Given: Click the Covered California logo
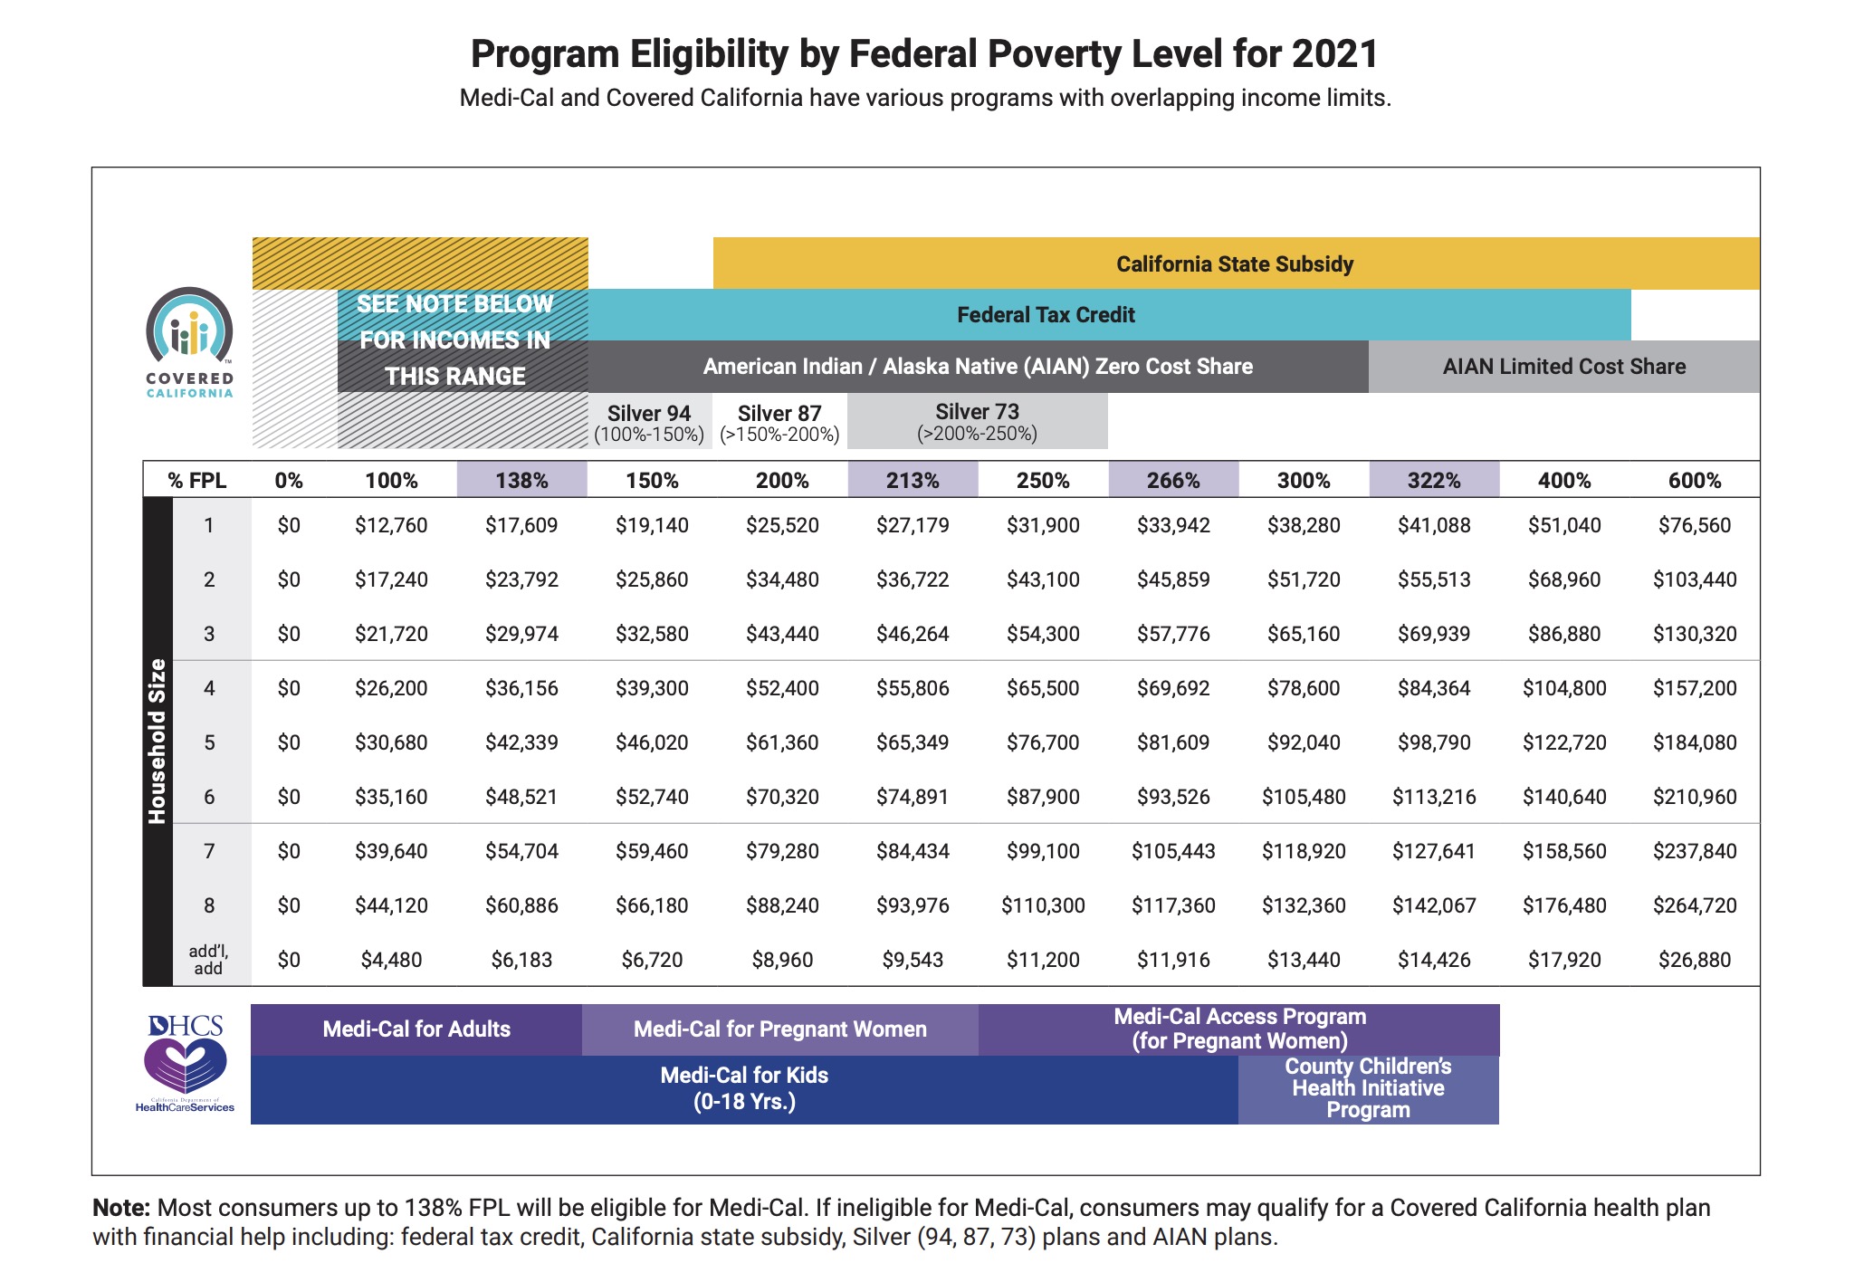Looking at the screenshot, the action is click(x=189, y=342).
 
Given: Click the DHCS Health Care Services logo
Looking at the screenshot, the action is click(x=186, y=1063).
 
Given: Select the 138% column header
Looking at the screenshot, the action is click(x=521, y=480).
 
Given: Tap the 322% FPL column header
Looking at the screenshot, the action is click(x=1434, y=480).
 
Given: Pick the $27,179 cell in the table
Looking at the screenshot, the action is click(x=913, y=525).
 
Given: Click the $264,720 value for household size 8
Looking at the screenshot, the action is click(x=1695, y=905).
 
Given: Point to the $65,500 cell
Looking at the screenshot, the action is click(x=1043, y=688).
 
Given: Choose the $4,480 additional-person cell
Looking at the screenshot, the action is click(x=391, y=960).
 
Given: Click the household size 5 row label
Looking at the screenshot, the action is click(x=209, y=742).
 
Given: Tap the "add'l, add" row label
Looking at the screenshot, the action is click(x=208, y=960).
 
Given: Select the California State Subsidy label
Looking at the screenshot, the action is click(x=1235, y=264).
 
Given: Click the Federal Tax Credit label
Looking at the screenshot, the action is click(x=1046, y=315).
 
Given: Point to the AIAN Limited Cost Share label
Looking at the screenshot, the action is click(x=1564, y=367).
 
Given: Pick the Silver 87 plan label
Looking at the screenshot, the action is click(x=779, y=423).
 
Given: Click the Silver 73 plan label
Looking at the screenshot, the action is click(x=977, y=422).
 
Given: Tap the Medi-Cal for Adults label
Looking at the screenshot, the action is click(x=416, y=1029).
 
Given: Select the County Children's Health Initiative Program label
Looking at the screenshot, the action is click(x=1368, y=1088).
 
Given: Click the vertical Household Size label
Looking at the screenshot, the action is click(x=158, y=742).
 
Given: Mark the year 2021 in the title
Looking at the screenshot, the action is click(x=1334, y=54).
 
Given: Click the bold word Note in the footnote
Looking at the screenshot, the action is click(x=121, y=1208).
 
